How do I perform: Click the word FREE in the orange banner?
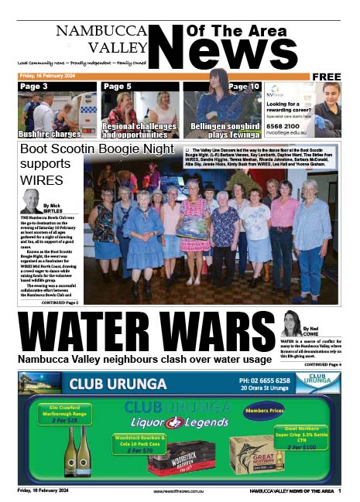[327, 77]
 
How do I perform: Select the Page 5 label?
[117, 87]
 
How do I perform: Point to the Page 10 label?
[244, 87]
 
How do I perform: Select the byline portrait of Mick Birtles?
[32, 200]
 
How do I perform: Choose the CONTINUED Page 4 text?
[323, 364]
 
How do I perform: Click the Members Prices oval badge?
[266, 412]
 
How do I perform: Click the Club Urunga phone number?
[265, 381]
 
